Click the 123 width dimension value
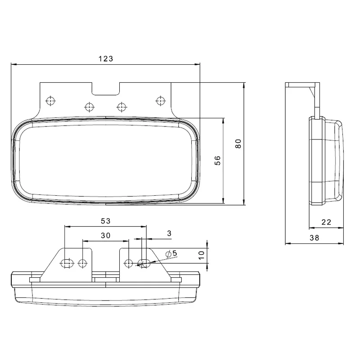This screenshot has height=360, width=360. pyautogui.click(x=105, y=58)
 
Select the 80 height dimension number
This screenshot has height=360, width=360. pyautogui.click(x=238, y=144)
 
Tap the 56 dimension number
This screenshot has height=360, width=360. pyautogui.click(x=218, y=161)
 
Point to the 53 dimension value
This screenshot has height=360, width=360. pyautogui.click(x=105, y=220)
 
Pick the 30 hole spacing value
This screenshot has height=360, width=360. pyautogui.click(x=105, y=235)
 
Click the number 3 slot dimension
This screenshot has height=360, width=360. pyautogui.click(x=169, y=233)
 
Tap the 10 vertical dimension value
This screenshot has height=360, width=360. pyautogui.click(x=202, y=256)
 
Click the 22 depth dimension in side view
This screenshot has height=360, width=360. pyautogui.click(x=327, y=222)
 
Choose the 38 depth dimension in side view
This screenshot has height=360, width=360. pyautogui.click(x=315, y=238)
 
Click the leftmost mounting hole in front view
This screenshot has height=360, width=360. pyautogui.click(x=51, y=100)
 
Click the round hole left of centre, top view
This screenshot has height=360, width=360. pyautogui.click(x=83, y=263)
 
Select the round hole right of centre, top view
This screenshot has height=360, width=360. pyautogui.click(x=129, y=263)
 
